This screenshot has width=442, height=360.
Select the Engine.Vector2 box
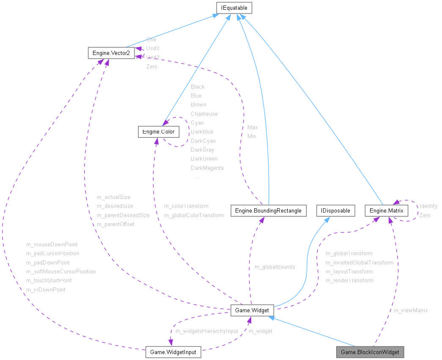click(111, 53)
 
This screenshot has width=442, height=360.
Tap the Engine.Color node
click(159, 132)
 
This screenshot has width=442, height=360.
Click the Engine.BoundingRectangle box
click(269, 210)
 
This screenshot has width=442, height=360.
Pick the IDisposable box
click(335, 210)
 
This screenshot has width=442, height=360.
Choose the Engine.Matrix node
click(387, 210)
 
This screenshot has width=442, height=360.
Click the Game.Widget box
click(253, 310)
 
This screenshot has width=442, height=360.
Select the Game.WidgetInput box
click(173, 352)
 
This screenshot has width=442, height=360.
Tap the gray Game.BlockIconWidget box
click(370, 352)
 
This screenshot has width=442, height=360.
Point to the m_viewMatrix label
click(410, 310)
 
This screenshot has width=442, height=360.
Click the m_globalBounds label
click(275, 267)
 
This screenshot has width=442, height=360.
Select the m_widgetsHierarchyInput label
click(206, 331)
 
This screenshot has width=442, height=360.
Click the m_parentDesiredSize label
click(123, 215)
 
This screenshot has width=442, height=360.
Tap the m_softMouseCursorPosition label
click(61, 271)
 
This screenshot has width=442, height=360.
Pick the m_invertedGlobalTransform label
click(359, 262)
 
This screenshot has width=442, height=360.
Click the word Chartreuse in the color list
click(204, 114)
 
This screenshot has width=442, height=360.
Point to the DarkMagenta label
click(207, 168)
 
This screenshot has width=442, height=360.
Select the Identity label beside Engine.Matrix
click(428, 206)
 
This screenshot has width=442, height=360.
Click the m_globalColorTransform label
click(194, 215)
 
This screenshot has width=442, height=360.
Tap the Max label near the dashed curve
click(253, 127)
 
